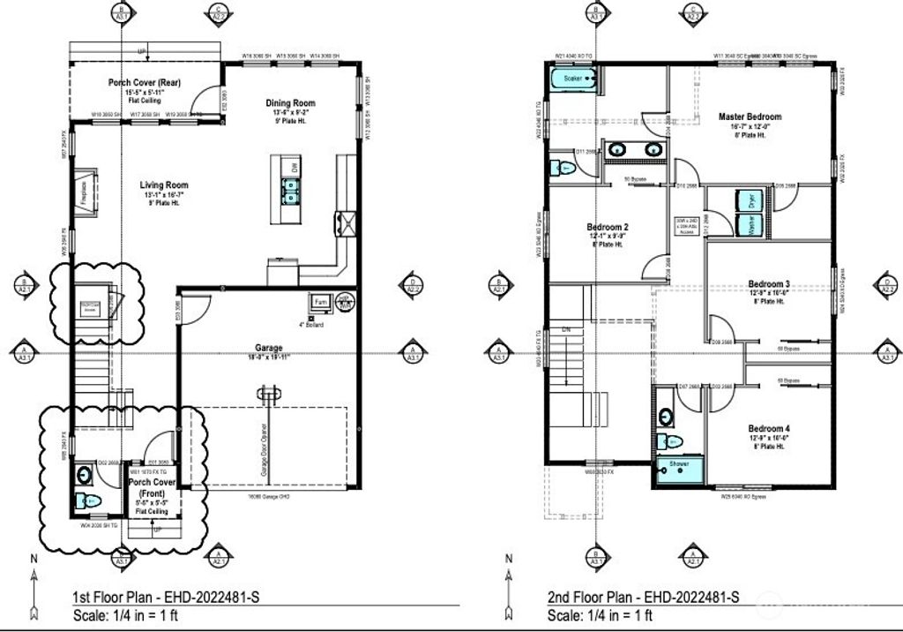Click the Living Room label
pyautogui.click(x=164, y=185)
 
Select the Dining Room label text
pyautogui.click(x=290, y=103)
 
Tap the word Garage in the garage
pyautogui.click(x=270, y=349)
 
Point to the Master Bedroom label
pyautogui.click(x=750, y=117)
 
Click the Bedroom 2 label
pyautogui.click(x=607, y=227)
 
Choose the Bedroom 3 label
pyautogui.click(x=768, y=283)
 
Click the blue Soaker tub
pyautogui.click(x=574, y=79)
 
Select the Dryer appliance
pyautogui.click(x=751, y=199)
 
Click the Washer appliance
pyautogui.click(x=751, y=225)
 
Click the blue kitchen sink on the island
pyautogui.click(x=289, y=187)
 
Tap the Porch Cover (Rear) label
pyautogui.click(x=145, y=83)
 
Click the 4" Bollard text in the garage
pyautogui.click(x=312, y=325)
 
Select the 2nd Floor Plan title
pyautogui.click(x=642, y=598)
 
